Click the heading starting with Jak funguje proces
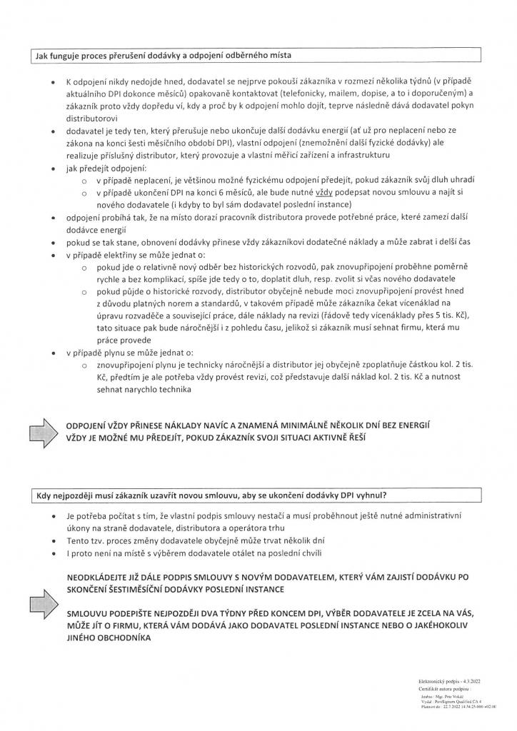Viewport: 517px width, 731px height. (164, 56)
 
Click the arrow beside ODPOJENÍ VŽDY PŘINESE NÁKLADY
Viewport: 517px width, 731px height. (44, 431)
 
